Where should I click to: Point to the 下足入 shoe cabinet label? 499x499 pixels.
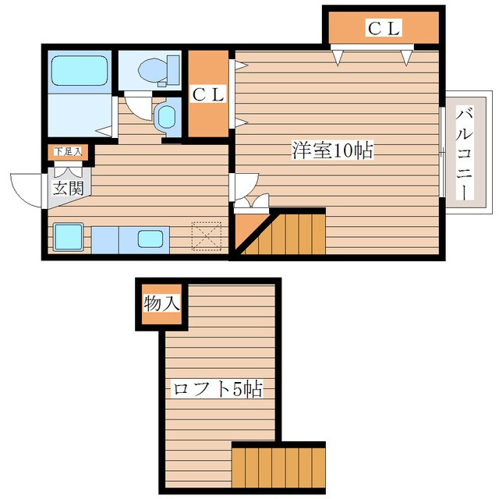pyautogui.click(x=68, y=151)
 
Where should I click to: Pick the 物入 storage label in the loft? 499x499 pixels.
pyautogui.click(x=161, y=303)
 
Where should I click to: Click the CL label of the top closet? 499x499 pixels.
pyautogui.click(x=383, y=30)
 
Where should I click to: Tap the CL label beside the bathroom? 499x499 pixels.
pyautogui.click(x=208, y=94)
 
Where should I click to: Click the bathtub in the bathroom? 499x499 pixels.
pyautogui.click(x=79, y=71)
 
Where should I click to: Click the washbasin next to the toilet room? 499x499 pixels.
pyautogui.click(x=166, y=117)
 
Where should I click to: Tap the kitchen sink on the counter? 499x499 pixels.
pyautogui.click(x=150, y=239)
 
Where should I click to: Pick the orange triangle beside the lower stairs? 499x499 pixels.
pyautogui.click(x=248, y=234)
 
